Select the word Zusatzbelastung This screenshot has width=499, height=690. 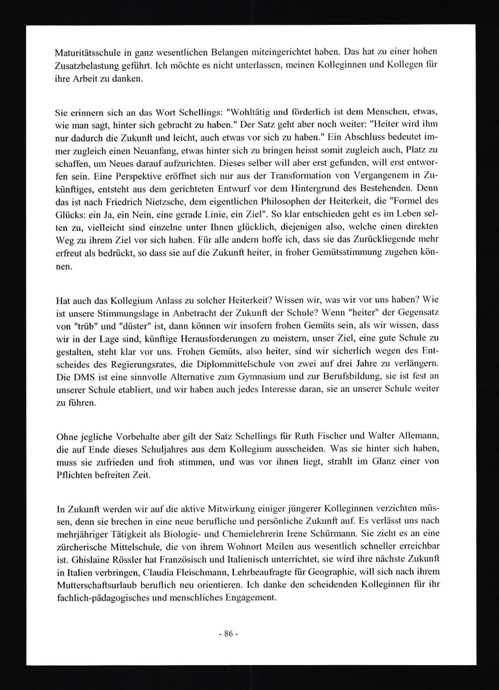(85, 65)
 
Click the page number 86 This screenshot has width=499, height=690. (229, 634)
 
